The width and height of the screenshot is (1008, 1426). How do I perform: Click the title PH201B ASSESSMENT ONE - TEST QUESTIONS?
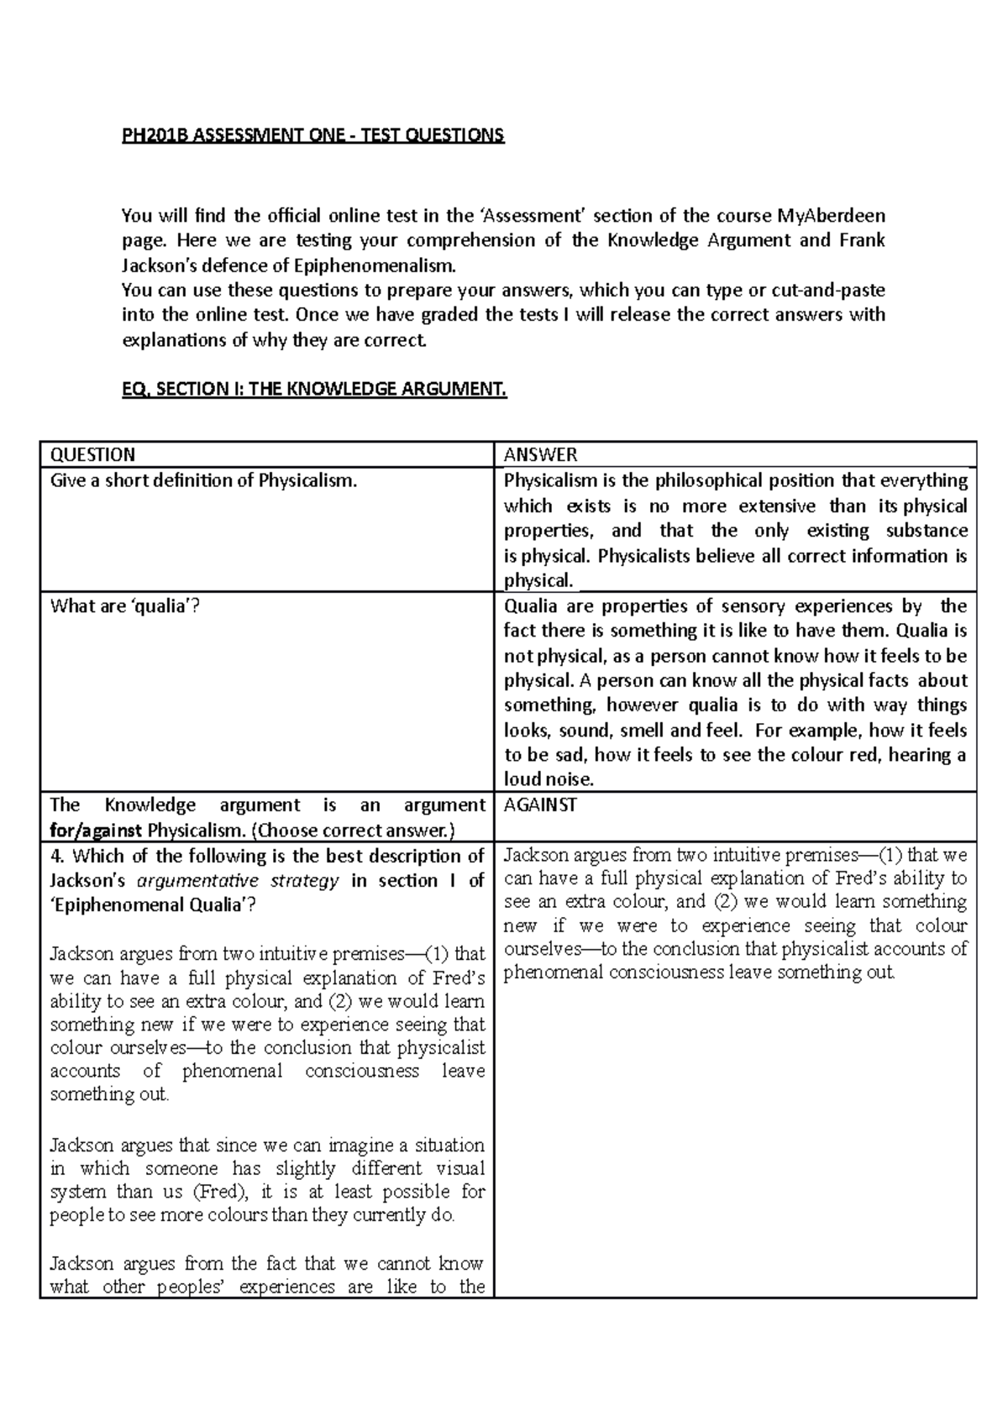coord(312,135)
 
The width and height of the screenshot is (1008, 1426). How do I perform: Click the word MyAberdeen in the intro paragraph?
coord(831,215)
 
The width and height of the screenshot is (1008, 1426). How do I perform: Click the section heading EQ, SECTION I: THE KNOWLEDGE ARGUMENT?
coord(314,389)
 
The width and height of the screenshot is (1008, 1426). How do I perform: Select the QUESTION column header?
coord(92,455)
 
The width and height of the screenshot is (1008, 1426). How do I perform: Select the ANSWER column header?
coord(540,455)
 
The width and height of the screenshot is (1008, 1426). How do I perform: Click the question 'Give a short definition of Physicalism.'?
coord(203,481)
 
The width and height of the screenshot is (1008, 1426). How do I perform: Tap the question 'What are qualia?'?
coord(125,606)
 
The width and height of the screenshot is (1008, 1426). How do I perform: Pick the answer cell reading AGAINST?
coord(540,805)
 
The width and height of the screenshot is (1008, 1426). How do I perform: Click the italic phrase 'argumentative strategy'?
coord(238,881)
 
